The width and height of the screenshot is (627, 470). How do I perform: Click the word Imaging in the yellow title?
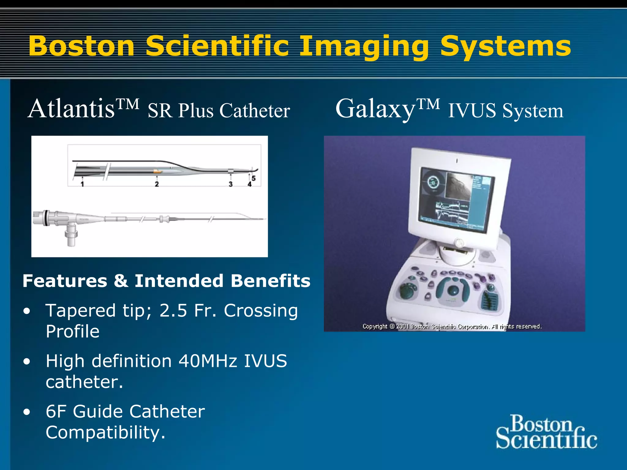pos(363,47)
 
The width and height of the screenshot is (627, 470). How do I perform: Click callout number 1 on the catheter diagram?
pos(82,184)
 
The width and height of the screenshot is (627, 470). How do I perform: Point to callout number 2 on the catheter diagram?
pos(157,184)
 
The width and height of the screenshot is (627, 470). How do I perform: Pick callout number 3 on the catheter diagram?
pos(231,184)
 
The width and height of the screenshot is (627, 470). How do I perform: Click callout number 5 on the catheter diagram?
pos(253,178)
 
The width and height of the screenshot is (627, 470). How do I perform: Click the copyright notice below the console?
pos(452,326)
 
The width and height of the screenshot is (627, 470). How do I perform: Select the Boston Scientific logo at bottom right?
pos(546,432)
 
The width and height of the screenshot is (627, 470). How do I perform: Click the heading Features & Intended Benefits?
pos(167,281)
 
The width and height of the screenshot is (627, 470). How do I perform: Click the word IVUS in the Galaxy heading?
pos(471,110)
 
